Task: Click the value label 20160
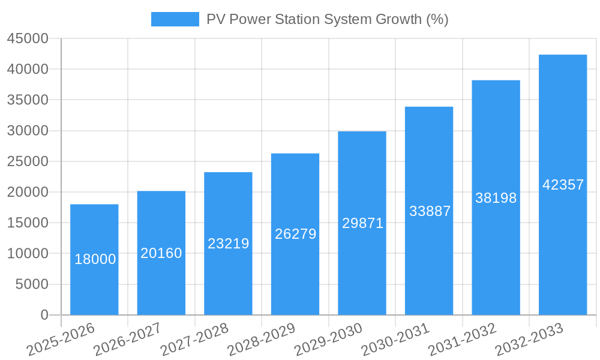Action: tap(161, 253)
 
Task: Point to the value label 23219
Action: tap(229, 244)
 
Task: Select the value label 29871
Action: tap(362, 223)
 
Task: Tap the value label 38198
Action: tap(496, 198)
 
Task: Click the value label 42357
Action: tap(563, 185)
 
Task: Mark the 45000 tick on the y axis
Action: tap(27, 38)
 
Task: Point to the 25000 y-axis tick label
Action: tap(27, 161)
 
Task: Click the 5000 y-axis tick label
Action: tap(31, 284)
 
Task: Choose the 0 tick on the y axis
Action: tap(44, 315)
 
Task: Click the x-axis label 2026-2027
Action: tap(128, 339)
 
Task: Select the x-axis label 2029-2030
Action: tap(329, 339)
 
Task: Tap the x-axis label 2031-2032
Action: tap(463, 339)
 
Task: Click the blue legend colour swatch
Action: tap(175, 19)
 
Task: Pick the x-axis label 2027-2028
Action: tap(195, 339)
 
